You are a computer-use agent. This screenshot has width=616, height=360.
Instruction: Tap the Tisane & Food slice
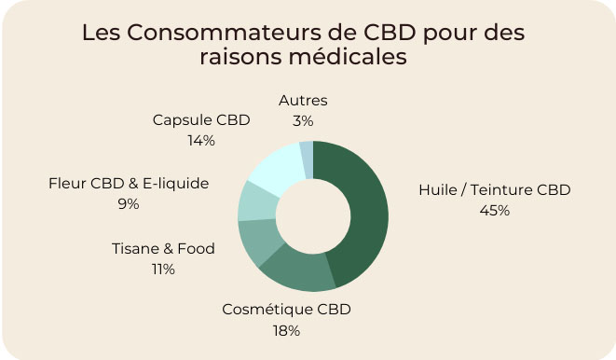253,242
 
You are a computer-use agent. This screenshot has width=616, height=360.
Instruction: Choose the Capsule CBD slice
276,164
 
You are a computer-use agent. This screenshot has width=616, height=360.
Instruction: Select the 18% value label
286,330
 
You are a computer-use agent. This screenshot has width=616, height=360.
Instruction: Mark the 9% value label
129,203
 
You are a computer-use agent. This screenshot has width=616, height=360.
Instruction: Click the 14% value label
201,140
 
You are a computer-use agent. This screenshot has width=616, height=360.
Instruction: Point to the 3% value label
303,120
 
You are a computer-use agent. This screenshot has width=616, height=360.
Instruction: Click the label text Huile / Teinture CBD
494,189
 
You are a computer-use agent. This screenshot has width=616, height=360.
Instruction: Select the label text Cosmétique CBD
286,310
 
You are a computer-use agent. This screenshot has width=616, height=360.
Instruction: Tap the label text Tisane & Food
163,248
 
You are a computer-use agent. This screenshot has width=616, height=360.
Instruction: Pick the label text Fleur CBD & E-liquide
129,183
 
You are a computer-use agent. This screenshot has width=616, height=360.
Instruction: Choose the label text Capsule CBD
201,119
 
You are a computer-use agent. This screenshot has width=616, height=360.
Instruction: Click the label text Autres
303,100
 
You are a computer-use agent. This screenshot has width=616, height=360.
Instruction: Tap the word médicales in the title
350,57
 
